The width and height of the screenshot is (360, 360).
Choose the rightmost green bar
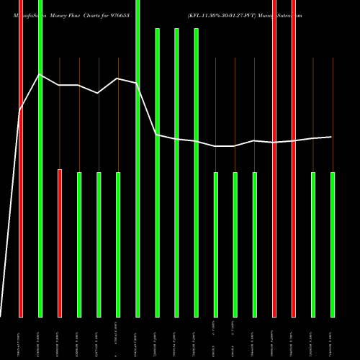coord(333,244)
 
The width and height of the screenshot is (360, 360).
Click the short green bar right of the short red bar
coord(79,244)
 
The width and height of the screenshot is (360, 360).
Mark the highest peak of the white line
coord(40,74)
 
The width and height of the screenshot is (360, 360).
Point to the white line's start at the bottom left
coord(1,315)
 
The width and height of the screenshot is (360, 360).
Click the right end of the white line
coord(331,137)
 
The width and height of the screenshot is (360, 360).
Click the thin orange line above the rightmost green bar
coord(333,115)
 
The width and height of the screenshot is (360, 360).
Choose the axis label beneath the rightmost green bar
coord(331,338)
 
